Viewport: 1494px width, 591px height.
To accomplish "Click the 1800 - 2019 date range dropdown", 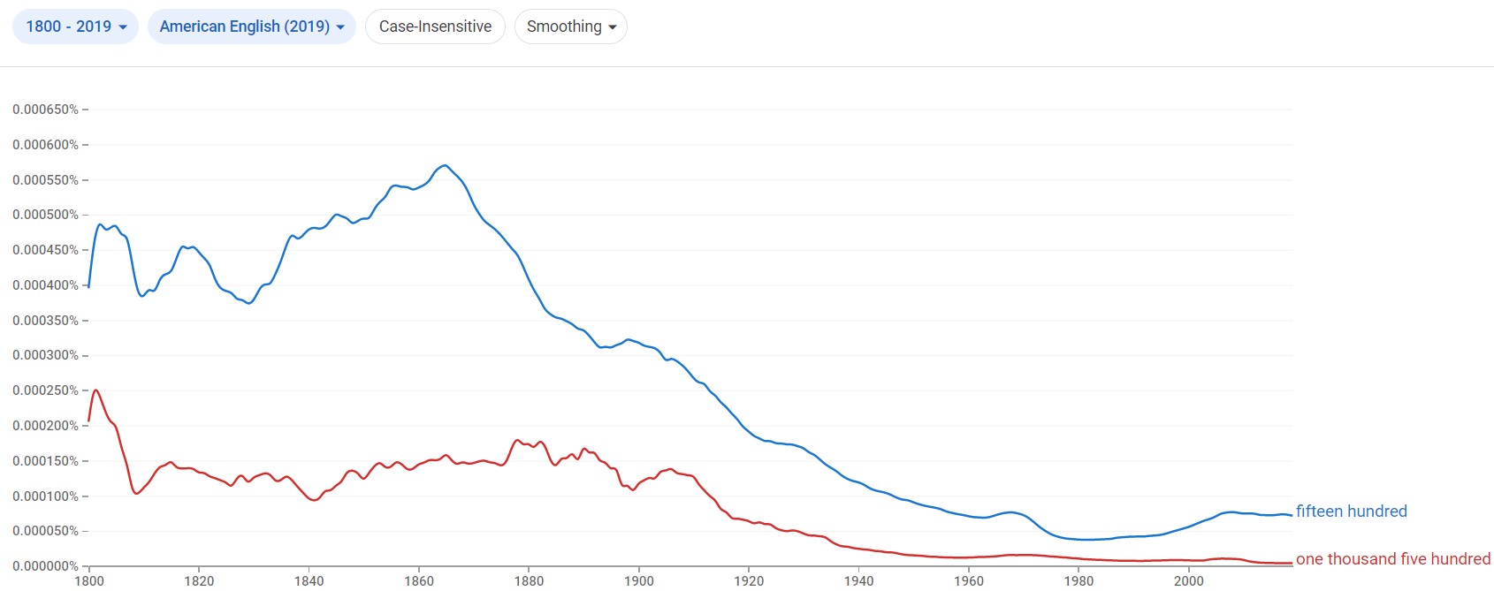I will [75, 27].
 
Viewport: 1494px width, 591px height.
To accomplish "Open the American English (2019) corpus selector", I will [251, 27].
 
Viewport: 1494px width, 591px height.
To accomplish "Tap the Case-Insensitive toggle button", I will [435, 27].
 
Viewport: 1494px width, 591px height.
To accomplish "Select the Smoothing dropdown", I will [570, 27].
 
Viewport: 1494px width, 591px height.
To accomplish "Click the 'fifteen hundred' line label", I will [1351, 511].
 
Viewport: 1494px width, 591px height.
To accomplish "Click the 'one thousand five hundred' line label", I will [1392, 559].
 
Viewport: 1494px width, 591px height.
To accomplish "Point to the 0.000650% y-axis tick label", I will [45, 110].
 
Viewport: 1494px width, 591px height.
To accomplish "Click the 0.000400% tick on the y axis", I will [45, 285].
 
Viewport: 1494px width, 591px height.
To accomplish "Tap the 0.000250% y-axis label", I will [45, 390].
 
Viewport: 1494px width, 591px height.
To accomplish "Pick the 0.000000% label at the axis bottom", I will [45, 566].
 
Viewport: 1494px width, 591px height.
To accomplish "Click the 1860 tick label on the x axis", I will [419, 580].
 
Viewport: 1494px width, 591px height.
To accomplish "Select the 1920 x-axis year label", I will [749, 580].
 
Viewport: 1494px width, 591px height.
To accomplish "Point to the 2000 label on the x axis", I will [1188, 580].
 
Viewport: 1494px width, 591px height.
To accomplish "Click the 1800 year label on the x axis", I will [89, 580].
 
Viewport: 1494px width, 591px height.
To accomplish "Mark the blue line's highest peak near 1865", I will [445, 165].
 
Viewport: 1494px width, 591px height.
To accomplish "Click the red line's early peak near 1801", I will [95, 390].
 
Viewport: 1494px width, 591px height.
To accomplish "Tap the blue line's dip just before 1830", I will [249, 303].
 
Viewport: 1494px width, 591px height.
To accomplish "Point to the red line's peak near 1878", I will [518, 440].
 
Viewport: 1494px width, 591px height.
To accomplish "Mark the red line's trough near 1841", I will [314, 501].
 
